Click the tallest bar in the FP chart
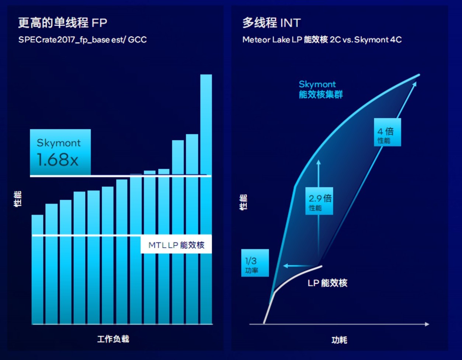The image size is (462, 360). click(206, 199)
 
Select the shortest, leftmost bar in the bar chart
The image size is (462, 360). click(38, 269)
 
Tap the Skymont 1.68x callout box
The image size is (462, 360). click(60, 152)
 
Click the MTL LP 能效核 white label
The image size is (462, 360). click(176, 245)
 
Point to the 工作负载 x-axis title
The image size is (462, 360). click(113, 339)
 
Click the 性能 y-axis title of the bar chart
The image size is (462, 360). click(18, 199)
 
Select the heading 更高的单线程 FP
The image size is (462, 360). click(63, 23)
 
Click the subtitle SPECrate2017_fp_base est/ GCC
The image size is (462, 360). click(83, 39)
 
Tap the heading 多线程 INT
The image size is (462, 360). click(271, 23)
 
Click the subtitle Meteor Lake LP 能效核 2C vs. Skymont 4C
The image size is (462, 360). click(322, 39)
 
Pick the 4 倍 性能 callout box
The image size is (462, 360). click(387, 132)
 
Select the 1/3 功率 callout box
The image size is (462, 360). click(255, 263)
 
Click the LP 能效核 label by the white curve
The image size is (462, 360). click(327, 283)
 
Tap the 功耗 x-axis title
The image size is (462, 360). click(339, 340)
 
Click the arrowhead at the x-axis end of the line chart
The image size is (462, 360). click(427, 324)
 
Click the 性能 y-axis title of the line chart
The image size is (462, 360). click(244, 202)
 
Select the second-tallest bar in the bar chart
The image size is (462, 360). click(192, 228)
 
